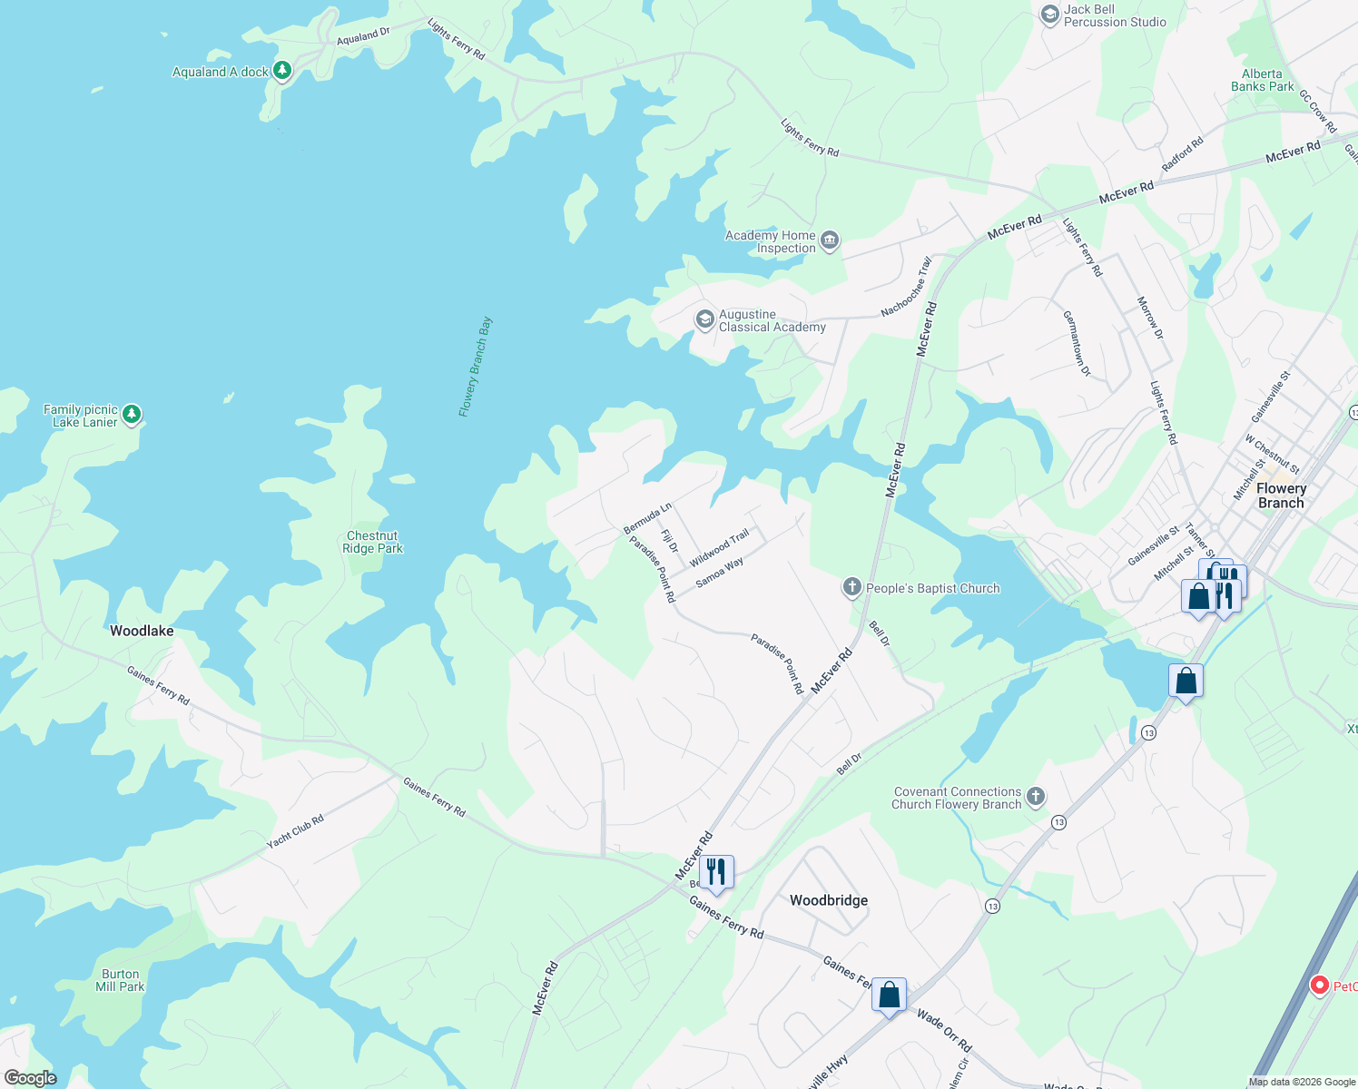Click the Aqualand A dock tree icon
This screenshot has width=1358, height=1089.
tap(282, 70)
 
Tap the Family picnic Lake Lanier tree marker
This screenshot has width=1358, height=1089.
tap(133, 415)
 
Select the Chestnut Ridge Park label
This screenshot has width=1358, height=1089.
tap(372, 542)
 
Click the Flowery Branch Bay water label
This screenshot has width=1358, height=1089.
tap(476, 367)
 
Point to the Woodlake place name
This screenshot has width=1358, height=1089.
tap(142, 631)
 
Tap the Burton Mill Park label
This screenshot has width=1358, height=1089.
tap(120, 980)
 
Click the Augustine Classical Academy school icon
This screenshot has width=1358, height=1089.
tap(704, 319)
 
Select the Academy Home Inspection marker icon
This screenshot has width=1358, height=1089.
tap(829, 240)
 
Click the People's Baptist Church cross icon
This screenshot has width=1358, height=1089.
tap(851, 587)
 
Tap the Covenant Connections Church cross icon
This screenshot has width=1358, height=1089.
tap(1036, 797)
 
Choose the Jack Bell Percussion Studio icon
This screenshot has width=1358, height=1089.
tap(1049, 15)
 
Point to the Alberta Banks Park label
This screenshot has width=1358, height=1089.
tap(1262, 80)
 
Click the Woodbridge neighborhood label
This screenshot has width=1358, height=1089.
tap(829, 900)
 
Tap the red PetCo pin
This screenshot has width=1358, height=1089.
tap(1320, 985)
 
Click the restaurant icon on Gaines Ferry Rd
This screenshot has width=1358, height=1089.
tap(716, 872)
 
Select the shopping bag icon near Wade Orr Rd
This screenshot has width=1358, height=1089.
tap(890, 996)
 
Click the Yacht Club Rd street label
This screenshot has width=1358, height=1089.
tap(295, 832)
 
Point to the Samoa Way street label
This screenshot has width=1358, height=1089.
tap(720, 572)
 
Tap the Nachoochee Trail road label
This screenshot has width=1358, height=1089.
tap(907, 288)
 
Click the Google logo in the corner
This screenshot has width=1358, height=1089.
tap(30, 1078)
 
